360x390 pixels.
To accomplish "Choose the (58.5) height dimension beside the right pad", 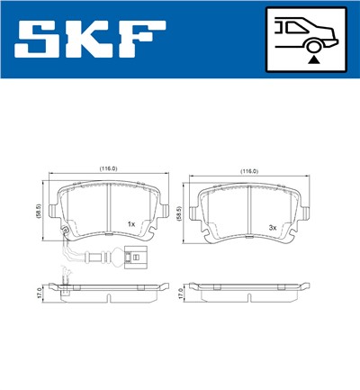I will click(182, 211).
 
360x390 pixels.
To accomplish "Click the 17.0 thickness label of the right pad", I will click(182, 294).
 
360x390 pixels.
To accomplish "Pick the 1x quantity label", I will click(131, 223).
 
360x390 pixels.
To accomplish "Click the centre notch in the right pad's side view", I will click(247, 285).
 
